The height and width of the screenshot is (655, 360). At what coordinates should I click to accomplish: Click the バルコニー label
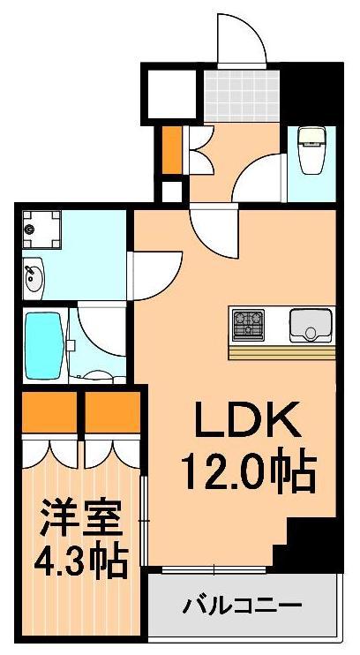[243, 606]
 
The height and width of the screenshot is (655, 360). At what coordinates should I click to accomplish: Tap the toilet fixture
[311, 150]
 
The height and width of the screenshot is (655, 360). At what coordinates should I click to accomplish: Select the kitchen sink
[311, 325]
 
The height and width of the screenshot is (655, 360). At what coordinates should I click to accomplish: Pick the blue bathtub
[44, 344]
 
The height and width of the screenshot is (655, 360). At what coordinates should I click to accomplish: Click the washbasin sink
[35, 277]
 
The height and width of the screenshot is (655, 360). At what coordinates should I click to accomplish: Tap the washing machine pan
[40, 228]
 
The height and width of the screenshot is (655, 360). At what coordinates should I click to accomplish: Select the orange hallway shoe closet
[171, 150]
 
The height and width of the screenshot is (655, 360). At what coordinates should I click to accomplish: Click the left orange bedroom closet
[49, 410]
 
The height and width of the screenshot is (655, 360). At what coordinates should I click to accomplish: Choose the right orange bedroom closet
[112, 410]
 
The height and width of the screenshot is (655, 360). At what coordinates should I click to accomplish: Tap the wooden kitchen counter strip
[282, 351]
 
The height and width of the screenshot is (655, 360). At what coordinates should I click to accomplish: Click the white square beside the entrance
[170, 91]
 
